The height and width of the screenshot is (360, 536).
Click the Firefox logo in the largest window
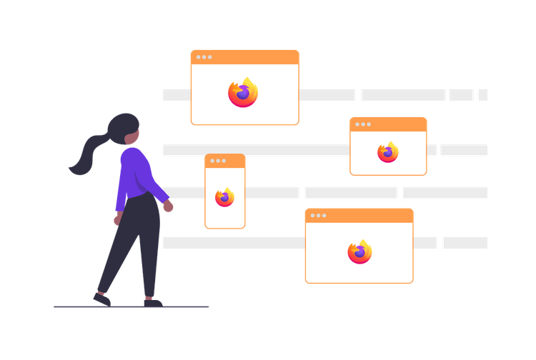[243, 93]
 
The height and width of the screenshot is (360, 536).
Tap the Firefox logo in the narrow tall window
[224, 197]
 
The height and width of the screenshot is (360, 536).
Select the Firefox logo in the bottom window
[359, 251]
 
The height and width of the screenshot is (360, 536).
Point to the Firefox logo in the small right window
[388, 151]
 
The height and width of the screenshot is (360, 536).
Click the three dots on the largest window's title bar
[204, 57]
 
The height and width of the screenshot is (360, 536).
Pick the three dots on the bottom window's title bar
[318, 215]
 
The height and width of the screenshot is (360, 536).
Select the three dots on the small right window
[362, 124]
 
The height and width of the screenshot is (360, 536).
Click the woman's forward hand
[168, 206]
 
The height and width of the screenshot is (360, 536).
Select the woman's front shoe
[152, 301]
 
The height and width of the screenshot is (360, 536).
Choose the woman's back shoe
[101, 298]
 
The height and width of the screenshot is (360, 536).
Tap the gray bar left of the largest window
[175, 94]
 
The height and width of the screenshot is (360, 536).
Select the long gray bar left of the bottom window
[233, 243]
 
